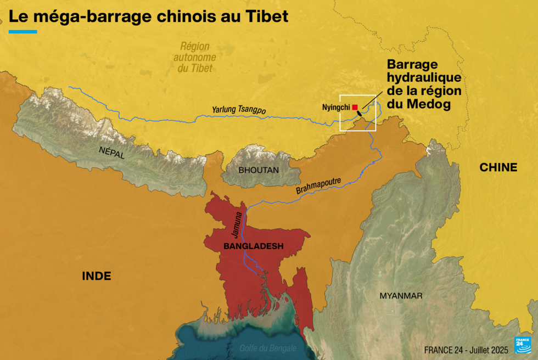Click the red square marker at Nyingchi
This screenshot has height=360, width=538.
355,107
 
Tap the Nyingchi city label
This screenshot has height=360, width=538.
336,108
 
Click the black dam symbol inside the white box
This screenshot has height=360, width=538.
360,114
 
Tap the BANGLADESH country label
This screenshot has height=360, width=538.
253,246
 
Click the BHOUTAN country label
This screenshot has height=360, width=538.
259,170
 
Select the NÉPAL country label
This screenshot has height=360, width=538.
112,152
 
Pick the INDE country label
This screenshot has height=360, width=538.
97,276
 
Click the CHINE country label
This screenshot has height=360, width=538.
498,167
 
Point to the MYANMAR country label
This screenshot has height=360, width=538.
401,296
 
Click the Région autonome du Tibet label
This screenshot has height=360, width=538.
194,58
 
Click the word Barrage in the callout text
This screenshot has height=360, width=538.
412,64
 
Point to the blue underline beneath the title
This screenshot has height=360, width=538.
23,32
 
